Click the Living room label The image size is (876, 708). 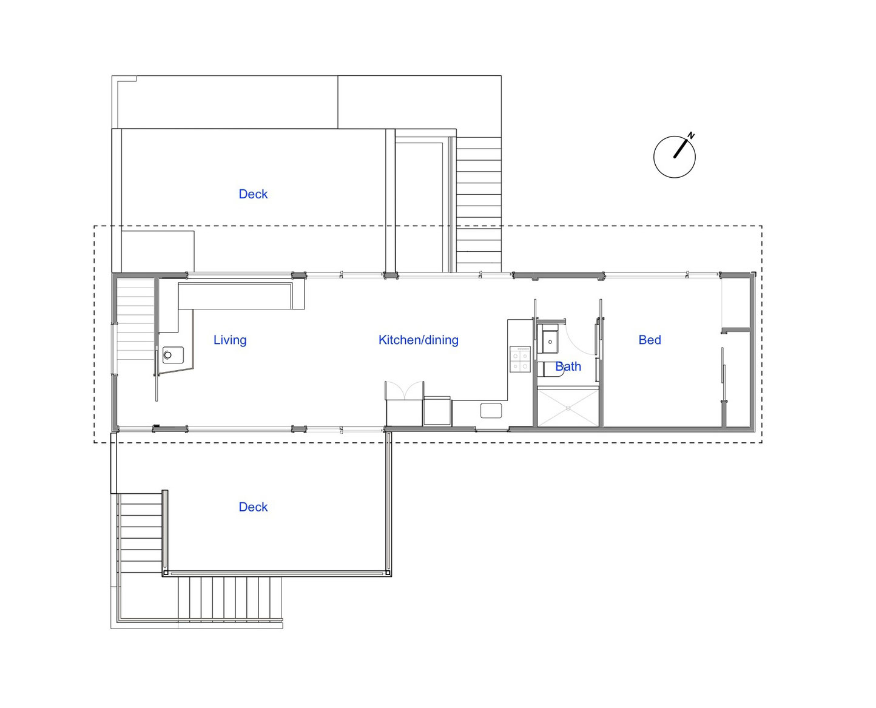pos(229,340)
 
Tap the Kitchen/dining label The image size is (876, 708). pos(418,340)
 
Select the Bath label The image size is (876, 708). pos(568,366)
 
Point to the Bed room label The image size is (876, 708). pos(649,340)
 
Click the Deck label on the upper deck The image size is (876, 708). pos(253,194)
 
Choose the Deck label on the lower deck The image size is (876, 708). pos(253,507)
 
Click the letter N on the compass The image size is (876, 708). pos(691,135)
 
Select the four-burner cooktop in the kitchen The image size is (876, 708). pos(520,359)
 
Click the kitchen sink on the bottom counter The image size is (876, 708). pos(491,410)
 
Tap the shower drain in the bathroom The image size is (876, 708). pos(568,408)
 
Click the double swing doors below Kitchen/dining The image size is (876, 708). pos(404,391)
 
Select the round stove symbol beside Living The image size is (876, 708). pos(168,354)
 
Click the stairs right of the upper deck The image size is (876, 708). pos(478,204)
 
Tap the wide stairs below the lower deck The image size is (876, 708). pos(229,598)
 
